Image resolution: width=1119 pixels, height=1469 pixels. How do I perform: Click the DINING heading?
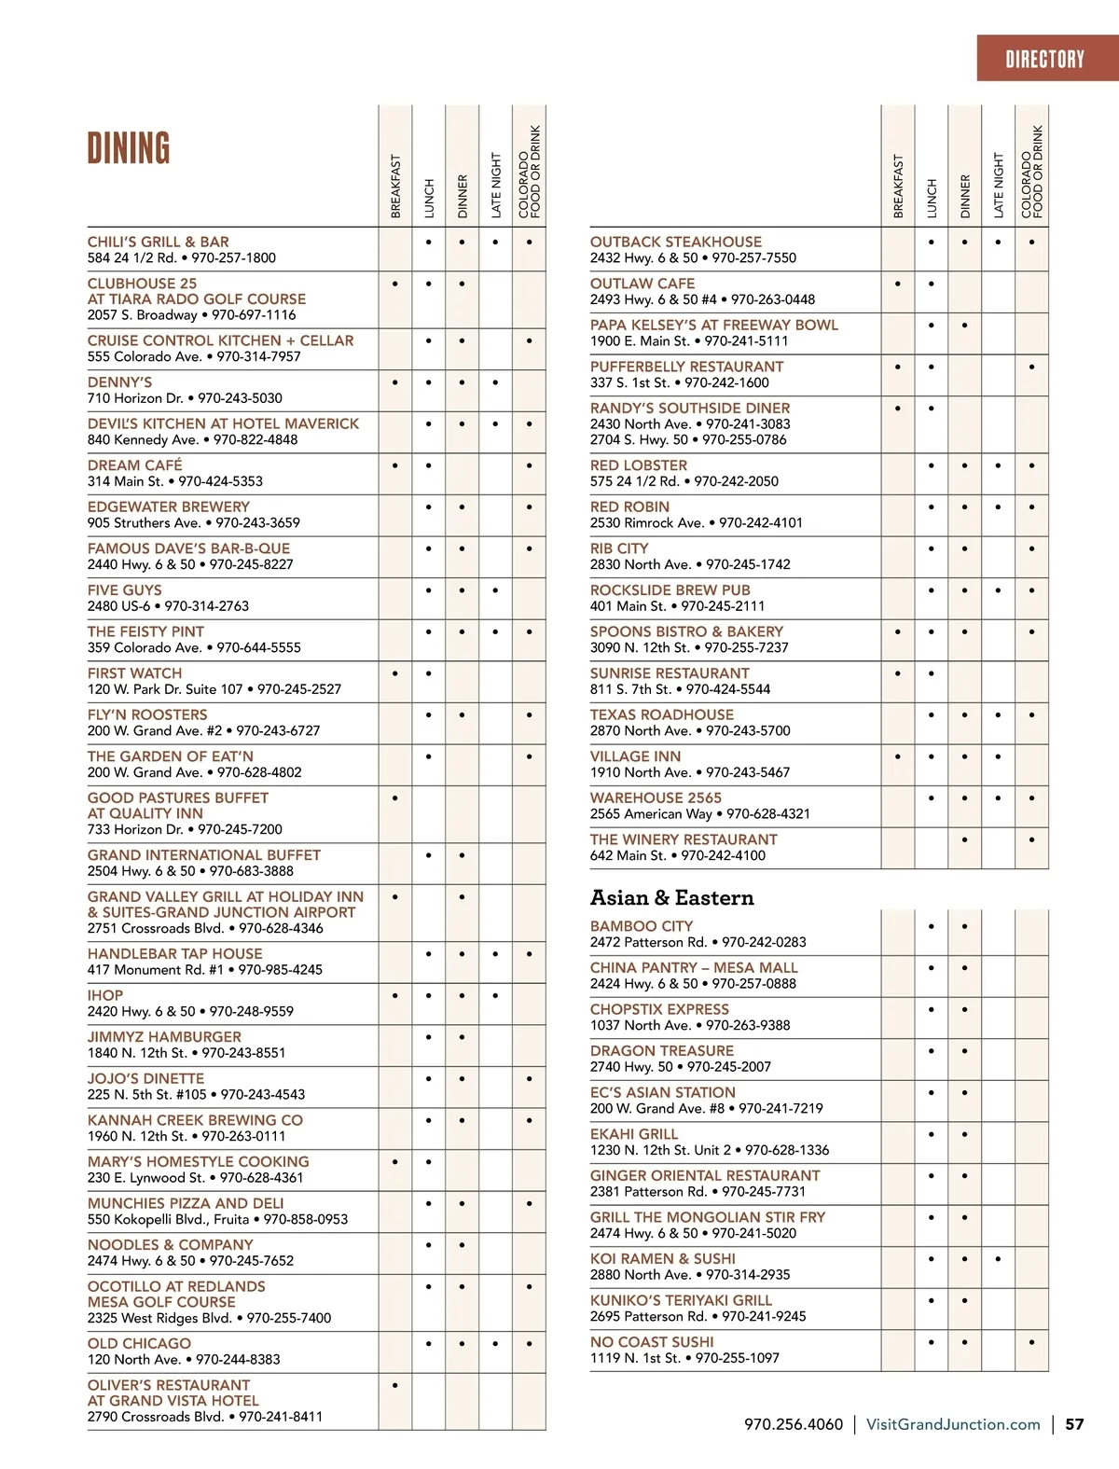(129, 148)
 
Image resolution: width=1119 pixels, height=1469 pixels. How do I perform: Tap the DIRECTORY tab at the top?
(1044, 60)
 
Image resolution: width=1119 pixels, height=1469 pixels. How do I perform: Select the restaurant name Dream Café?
(135, 464)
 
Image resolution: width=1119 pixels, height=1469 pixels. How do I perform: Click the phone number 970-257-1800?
(233, 257)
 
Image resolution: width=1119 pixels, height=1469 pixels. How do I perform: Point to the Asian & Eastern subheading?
(671, 897)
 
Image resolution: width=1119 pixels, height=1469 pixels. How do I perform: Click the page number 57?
(1074, 1424)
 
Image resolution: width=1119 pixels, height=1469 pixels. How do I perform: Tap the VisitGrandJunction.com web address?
(953, 1424)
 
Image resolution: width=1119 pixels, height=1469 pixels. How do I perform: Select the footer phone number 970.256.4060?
(794, 1424)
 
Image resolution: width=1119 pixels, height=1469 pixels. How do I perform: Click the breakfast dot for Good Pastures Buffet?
(395, 797)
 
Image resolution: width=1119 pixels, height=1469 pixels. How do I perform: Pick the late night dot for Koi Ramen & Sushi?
(998, 1258)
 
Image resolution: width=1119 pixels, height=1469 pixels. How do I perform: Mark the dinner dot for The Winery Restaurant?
(964, 839)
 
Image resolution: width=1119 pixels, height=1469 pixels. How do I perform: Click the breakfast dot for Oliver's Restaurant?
(395, 1385)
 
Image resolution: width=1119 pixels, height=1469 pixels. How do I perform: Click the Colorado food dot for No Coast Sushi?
(1031, 1342)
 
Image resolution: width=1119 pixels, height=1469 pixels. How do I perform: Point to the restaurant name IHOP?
(105, 995)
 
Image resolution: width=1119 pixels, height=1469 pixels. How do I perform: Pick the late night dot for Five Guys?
(495, 589)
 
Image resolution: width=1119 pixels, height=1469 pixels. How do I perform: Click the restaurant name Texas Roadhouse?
(662, 714)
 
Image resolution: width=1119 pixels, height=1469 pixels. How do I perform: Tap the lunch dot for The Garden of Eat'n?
(429, 756)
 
